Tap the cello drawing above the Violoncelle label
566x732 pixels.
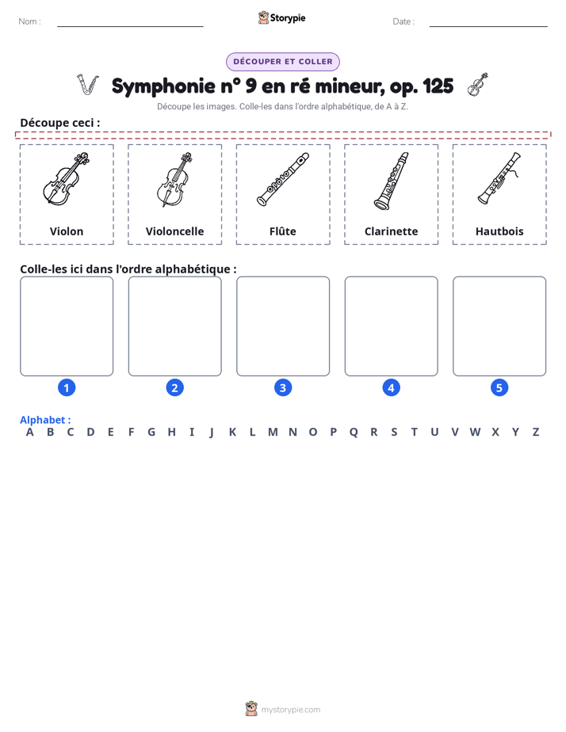[x=174, y=180]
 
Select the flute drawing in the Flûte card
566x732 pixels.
[x=283, y=179]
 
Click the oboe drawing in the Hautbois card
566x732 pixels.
[x=499, y=178]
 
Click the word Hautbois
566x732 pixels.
[x=499, y=231]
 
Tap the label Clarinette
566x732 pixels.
[x=392, y=231]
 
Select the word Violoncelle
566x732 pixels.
[x=174, y=231]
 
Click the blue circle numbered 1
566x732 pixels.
[x=67, y=387]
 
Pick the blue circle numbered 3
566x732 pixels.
[x=283, y=387]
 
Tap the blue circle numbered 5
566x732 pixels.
[x=499, y=387]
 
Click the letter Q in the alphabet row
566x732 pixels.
[x=354, y=433]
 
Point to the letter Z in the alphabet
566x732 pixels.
[x=536, y=433]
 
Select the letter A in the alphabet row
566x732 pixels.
[x=30, y=433]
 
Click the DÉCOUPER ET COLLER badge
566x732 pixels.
[x=283, y=62]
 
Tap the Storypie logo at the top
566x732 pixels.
[x=281, y=17]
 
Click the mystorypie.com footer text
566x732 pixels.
[x=290, y=710]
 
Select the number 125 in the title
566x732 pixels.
[x=438, y=86]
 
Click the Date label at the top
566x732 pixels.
[x=403, y=21]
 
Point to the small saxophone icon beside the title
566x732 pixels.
[x=88, y=85]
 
